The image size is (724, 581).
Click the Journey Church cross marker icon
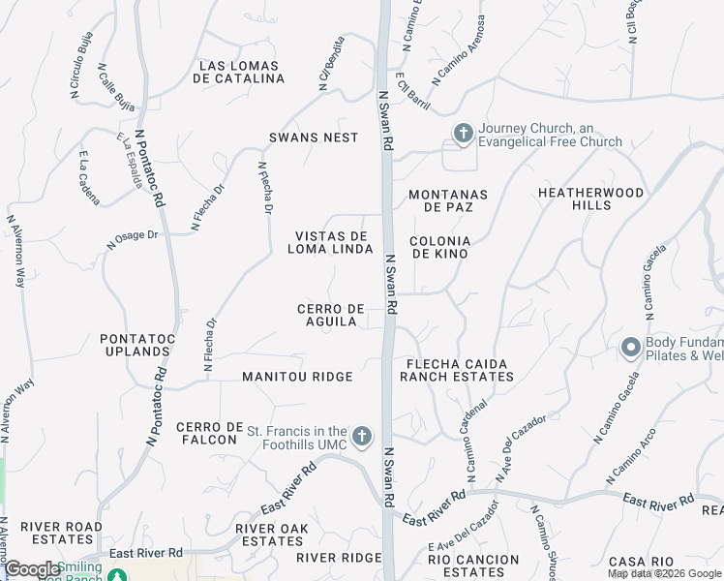point(463,134)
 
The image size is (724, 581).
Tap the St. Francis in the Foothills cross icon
point(362,438)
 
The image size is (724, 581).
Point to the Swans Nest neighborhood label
point(314,138)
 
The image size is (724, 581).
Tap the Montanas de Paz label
point(447,201)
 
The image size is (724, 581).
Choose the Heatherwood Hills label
point(591,199)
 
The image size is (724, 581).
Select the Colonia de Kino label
point(440,247)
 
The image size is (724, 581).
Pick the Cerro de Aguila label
point(332,315)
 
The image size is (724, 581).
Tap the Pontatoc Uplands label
point(136,345)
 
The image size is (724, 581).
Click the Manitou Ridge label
point(297,376)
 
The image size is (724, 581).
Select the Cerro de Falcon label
point(207,433)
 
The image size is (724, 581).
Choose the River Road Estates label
point(61,533)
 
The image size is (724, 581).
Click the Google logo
point(32,569)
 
